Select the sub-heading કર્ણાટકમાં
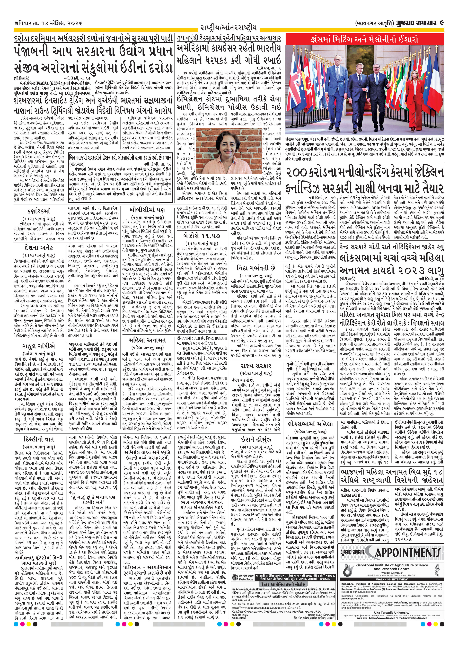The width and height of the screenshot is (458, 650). point(39,211)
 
